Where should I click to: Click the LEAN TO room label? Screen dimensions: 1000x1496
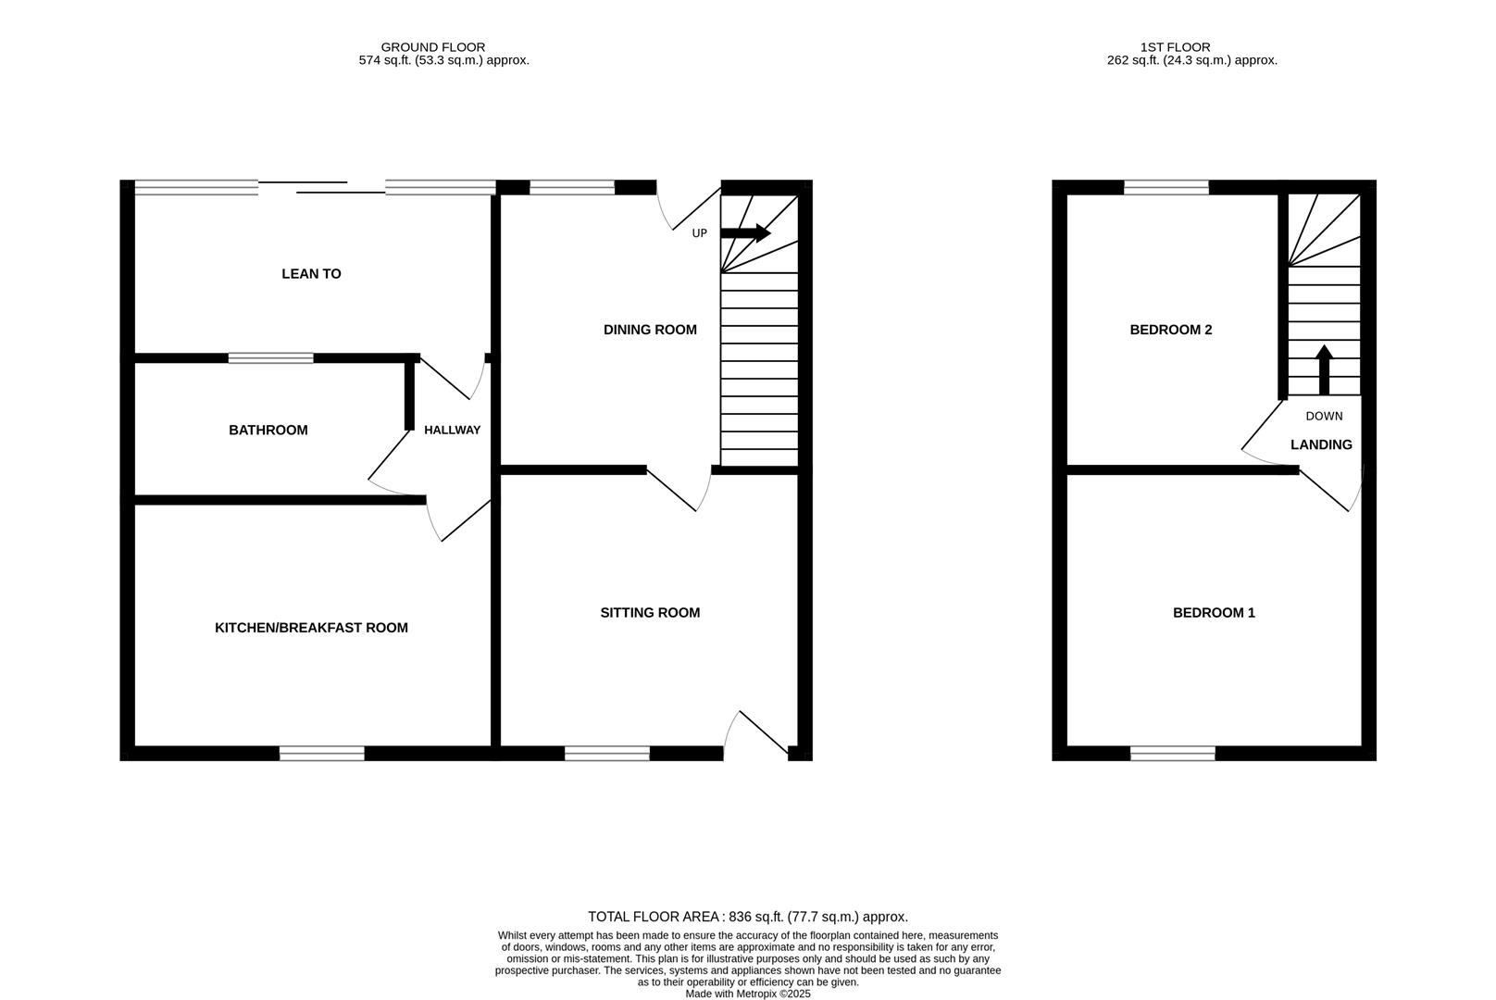click(311, 274)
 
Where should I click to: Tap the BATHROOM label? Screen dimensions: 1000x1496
click(268, 431)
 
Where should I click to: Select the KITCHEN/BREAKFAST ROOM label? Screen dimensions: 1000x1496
click(311, 628)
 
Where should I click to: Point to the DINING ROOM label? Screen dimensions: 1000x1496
click(650, 331)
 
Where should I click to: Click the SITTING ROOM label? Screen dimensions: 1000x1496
click(650, 613)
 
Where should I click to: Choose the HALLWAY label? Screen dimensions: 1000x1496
click(453, 431)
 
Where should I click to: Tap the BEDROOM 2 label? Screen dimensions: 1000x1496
click(1170, 331)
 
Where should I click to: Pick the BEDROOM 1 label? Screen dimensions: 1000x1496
click(1214, 613)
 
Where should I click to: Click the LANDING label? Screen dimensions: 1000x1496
click(1321, 445)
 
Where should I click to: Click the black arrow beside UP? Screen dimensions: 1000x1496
click(745, 233)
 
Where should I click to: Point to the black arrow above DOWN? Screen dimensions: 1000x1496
click(1324, 369)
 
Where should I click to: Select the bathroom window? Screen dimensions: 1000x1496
click(270, 358)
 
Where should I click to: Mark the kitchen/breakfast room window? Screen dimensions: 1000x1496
click(322, 755)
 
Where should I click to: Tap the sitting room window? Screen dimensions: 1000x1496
click(607, 755)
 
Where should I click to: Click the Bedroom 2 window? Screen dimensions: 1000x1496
click(1166, 188)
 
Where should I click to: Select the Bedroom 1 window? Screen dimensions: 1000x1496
click(1173, 755)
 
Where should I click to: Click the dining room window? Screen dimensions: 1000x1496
click(572, 188)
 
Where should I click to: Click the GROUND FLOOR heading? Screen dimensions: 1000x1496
click(432, 47)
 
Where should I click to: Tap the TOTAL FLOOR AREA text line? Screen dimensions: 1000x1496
click(748, 917)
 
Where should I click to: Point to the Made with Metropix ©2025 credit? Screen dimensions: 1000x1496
click(748, 994)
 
